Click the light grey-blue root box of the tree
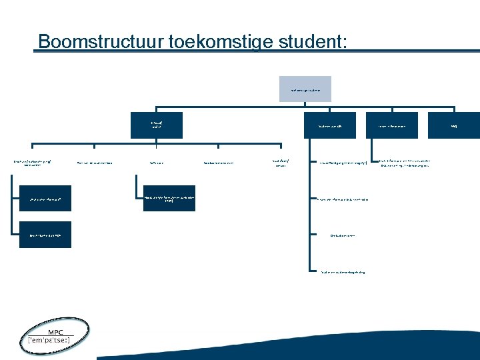tap(305, 89)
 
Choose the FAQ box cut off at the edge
tap(463, 125)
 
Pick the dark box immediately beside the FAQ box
tap(397, 125)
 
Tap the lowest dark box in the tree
tap(45, 235)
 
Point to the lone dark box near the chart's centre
tap(169, 198)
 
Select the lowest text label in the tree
tap(343, 272)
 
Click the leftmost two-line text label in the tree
tap(36, 162)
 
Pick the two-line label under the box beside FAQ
tap(406, 163)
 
